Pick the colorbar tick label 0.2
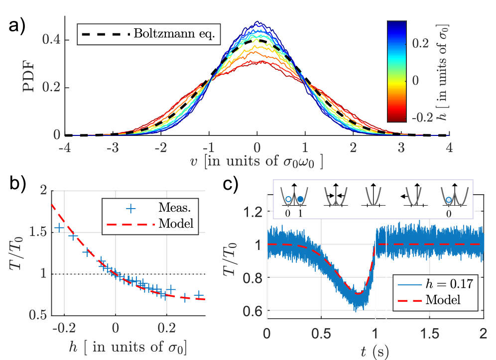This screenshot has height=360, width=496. point(423,44)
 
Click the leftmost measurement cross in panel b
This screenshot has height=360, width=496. point(59,228)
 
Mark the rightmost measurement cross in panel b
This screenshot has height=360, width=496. point(199,295)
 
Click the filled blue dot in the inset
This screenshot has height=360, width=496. point(301,199)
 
